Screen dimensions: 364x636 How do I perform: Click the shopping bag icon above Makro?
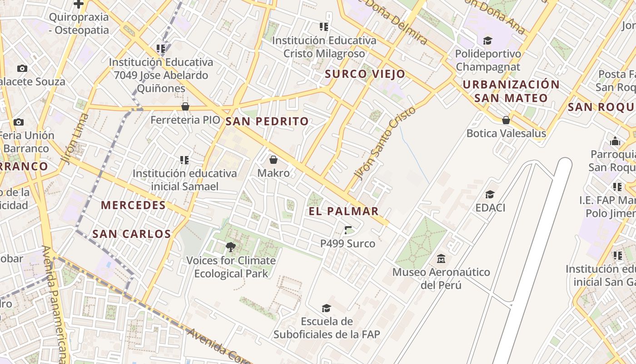273,160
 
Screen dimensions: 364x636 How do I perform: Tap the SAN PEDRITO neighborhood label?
267,121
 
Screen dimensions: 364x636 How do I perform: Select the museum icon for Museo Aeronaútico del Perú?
441,259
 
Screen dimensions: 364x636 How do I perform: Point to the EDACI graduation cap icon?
490,194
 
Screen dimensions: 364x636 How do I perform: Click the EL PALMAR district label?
343,211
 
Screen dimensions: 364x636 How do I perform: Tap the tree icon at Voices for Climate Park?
231,247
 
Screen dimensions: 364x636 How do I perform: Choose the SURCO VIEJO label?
365,74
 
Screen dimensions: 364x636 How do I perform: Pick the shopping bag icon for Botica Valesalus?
506,120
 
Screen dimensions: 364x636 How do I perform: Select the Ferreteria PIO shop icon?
185,107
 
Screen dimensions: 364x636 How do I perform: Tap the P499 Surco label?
348,243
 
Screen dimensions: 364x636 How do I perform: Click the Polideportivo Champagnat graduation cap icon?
487,40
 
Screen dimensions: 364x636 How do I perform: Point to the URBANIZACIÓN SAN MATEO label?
511,91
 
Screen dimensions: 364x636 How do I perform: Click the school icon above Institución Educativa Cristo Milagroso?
323,27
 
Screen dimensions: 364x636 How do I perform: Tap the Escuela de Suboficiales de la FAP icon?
326,308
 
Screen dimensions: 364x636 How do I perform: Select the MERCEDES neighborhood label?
133,205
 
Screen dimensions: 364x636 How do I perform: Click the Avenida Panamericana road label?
56,305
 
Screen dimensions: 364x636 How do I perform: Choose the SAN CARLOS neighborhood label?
131,234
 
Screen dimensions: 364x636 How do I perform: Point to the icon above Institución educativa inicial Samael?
184,160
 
